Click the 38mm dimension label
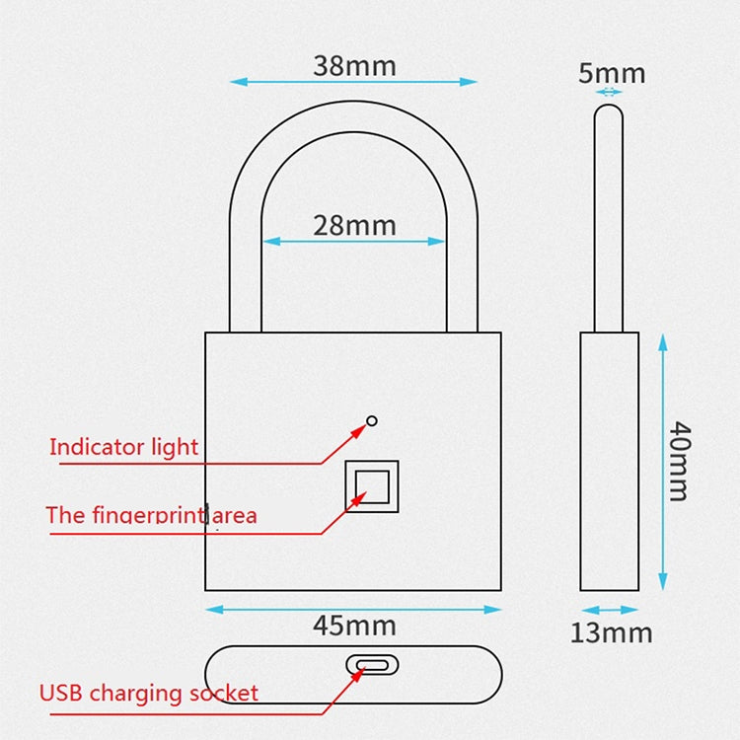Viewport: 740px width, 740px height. point(354,66)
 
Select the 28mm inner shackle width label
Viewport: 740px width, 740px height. point(354,226)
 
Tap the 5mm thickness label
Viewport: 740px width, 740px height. point(611,73)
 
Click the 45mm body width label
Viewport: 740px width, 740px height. point(353,626)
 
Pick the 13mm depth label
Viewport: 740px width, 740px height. point(611,632)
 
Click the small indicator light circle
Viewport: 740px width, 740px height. point(371,421)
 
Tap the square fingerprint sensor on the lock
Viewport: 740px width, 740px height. point(372,485)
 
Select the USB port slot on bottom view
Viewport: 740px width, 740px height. point(372,664)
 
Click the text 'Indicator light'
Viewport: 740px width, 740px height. point(123,447)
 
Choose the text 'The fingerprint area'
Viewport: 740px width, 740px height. point(151,515)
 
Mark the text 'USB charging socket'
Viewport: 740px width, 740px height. point(148,693)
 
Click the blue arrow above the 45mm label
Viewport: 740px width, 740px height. point(353,609)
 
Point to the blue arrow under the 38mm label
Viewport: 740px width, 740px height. point(353,82)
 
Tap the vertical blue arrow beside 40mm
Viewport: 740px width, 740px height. point(662,461)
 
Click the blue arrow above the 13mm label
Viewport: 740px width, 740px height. point(609,611)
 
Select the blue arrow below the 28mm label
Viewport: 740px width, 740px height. point(354,241)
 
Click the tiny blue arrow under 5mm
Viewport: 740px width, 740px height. point(610,92)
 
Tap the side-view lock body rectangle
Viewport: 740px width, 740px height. point(609,461)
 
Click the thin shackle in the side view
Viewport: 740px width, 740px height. point(609,217)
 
